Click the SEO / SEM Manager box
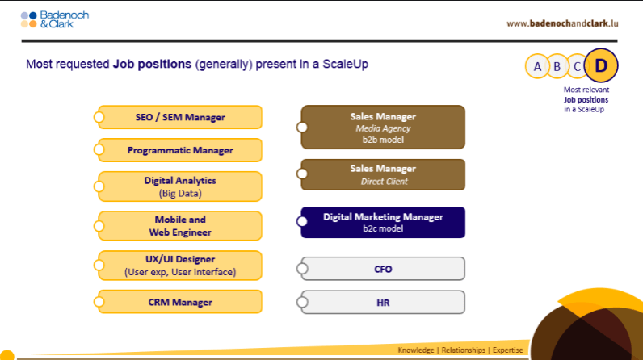coord(180,117)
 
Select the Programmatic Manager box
coord(180,150)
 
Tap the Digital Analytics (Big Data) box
coord(180,186)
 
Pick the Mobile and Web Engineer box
coord(180,226)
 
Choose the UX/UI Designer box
coord(180,266)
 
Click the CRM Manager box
coord(180,302)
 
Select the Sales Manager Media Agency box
coord(383,128)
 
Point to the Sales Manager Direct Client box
coord(383,175)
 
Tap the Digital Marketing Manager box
coord(383,223)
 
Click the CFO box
coord(383,269)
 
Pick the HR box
coord(383,302)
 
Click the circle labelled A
coord(537,66)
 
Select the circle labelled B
coord(557,66)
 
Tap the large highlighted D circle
coord(601,65)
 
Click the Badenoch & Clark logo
coord(55,19)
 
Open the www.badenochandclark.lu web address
coord(562,23)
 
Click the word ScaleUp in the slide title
coord(345,64)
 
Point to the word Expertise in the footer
coord(507,350)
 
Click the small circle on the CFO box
coord(302,269)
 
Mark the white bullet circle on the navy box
coord(302,222)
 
